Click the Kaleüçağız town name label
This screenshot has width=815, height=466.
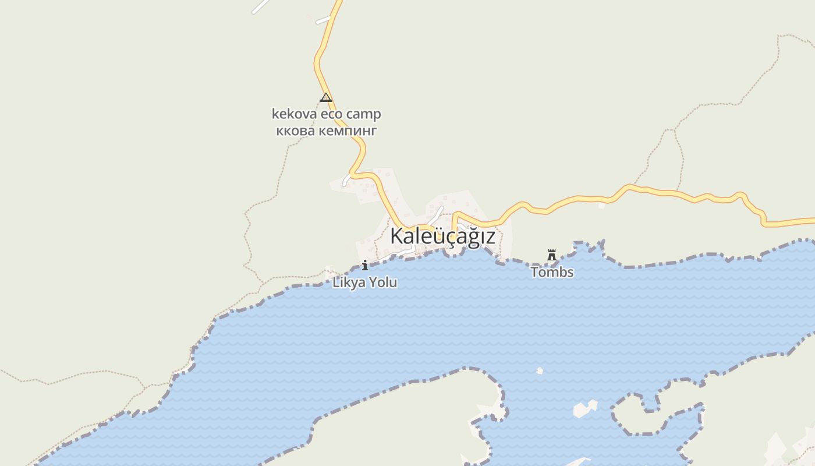[x=442, y=236]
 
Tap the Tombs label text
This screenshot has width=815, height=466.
[x=552, y=272]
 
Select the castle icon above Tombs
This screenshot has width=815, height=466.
[x=552, y=255]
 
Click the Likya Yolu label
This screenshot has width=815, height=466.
[x=365, y=283]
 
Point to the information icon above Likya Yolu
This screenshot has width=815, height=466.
[x=365, y=266]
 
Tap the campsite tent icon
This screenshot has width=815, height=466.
[x=326, y=97]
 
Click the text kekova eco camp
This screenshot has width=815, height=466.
[x=326, y=114]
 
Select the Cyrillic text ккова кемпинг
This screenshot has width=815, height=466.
[x=326, y=130]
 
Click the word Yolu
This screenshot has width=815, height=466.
[x=383, y=283]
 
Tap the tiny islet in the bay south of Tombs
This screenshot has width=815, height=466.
[x=540, y=370]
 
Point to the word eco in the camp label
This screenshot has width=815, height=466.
[x=331, y=114]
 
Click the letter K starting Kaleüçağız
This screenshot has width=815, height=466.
[x=396, y=236]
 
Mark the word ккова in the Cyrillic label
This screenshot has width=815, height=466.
[x=295, y=130]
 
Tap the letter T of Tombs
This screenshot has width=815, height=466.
[x=534, y=272]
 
